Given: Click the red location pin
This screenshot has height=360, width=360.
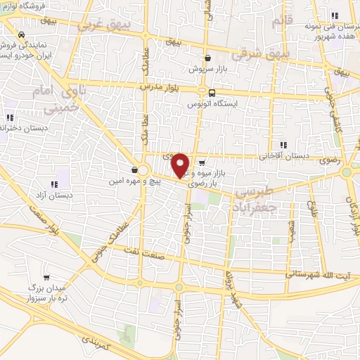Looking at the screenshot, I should tap(181, 165).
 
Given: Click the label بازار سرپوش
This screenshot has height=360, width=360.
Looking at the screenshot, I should tap(208, 70).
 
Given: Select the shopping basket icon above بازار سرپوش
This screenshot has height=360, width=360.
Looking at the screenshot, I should tap(208, 58).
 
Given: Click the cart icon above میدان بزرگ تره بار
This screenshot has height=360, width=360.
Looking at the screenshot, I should tap(46, 277).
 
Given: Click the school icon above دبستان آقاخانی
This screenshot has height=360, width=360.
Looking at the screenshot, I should tap(283, 145).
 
